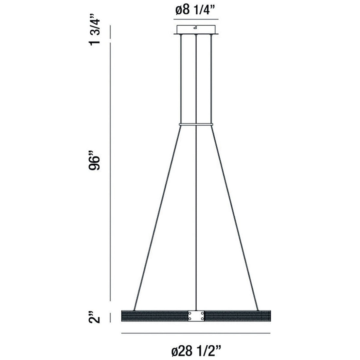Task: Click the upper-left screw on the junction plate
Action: pyautogui.click(x=190, y=313)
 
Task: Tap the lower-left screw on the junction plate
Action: pyautogui.click(x=190, y=318)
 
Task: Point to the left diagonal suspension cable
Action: pyautogui.click(x=157, y=216)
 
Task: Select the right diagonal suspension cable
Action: pyautogui.click(x=235, y=216)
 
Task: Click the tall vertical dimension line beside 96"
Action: pyautogui.click(x=110, y=170)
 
